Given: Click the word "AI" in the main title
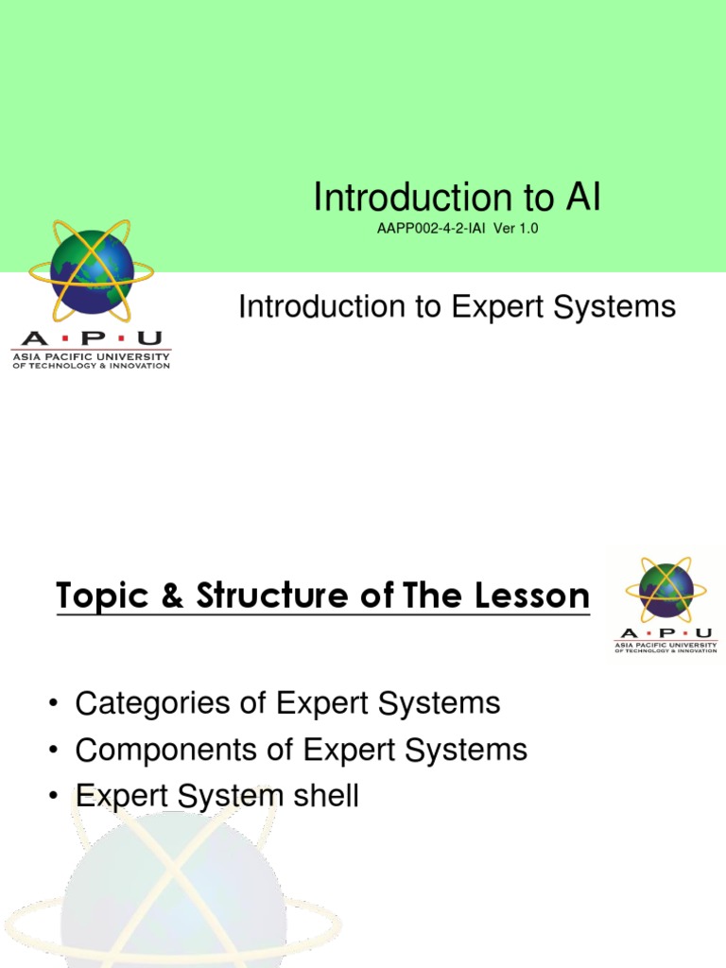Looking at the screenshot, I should [583, 198].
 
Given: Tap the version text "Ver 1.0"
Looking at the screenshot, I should [515, 229].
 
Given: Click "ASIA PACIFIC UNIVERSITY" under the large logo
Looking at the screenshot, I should [91, 356].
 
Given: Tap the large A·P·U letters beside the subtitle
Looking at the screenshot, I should [91, 338].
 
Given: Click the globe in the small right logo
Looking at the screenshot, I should [665, 590].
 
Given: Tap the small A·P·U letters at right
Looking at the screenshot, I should [665, 632].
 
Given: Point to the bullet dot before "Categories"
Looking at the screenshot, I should [55, 704].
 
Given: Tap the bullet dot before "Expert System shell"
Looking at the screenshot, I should [55, 796].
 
